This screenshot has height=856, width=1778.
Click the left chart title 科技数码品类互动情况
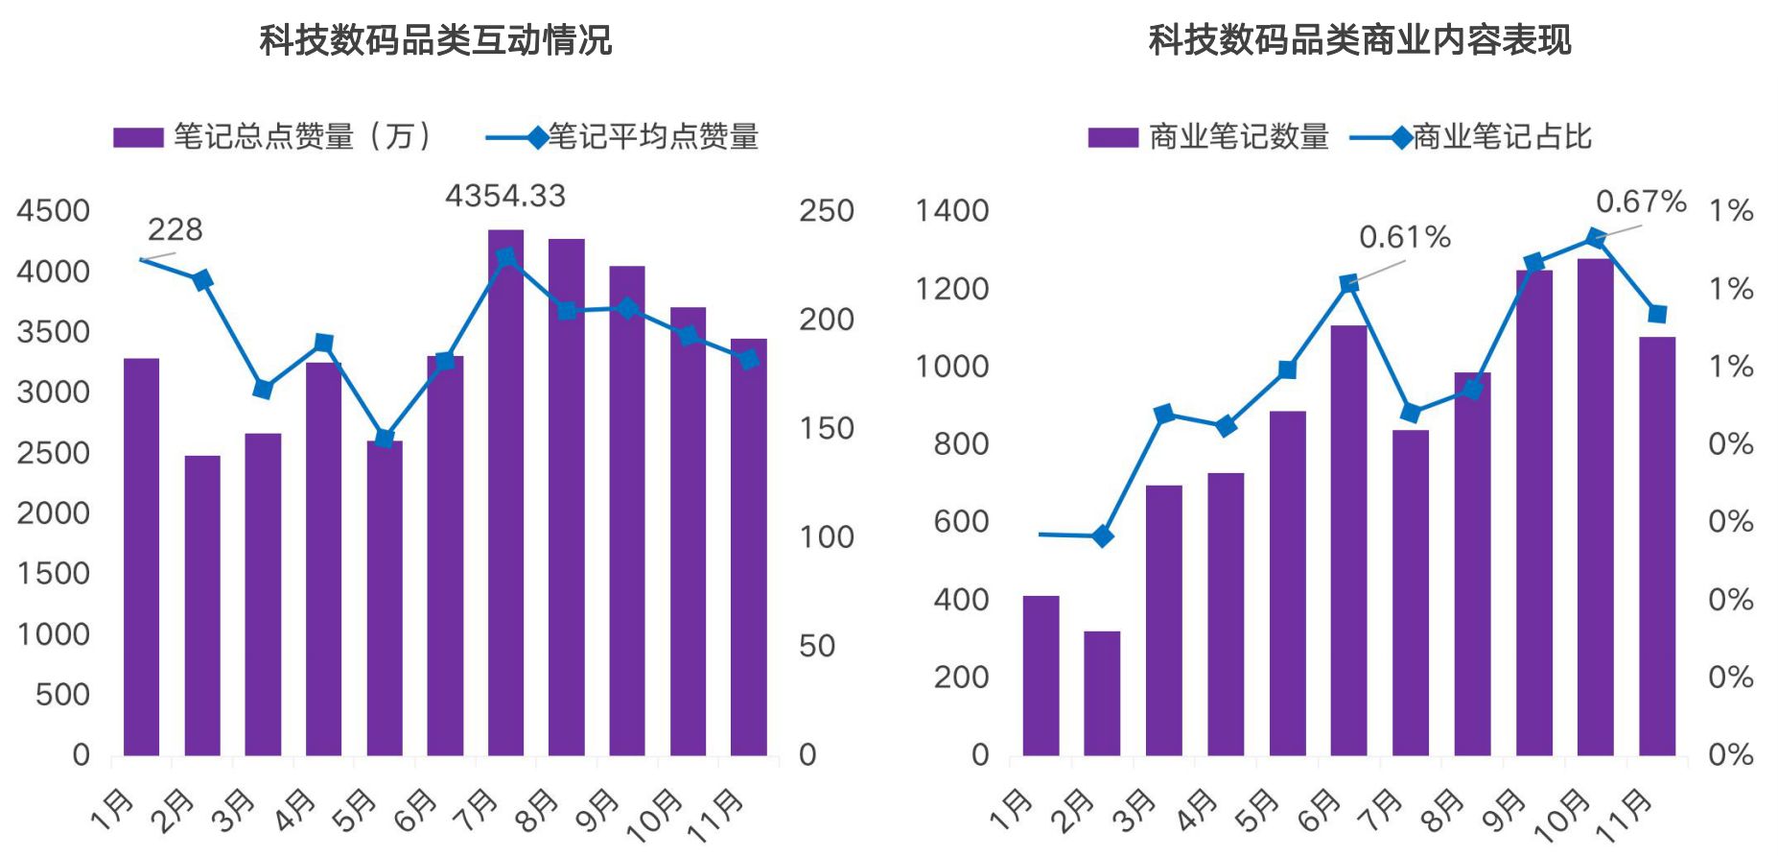[x=435, y=40]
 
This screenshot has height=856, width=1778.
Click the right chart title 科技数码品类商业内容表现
[x=1359, y=40]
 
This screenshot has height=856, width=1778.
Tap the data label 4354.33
[x=505, y=196]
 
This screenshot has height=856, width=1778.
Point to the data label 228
[x=175, y=230]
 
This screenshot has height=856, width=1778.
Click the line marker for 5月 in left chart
[x=385, y=439]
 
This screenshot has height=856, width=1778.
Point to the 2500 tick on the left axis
[x=53, y=453]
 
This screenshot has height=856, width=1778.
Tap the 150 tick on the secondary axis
[x=826, y=429]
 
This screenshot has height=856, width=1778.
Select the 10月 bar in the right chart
[x=1595, y=509]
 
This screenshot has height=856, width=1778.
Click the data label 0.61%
[x=1404, y=237]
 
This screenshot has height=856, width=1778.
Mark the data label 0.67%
[x=1640, y=202]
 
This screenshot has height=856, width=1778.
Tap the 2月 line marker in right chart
[x=1103, y=536]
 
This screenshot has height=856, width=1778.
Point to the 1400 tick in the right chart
[x=951, y=210]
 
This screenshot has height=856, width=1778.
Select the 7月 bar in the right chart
[x=1411, y=593]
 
